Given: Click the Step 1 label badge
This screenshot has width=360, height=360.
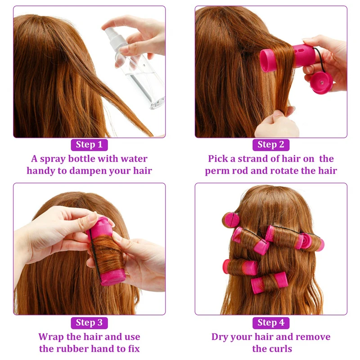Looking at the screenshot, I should (x=89, y=144).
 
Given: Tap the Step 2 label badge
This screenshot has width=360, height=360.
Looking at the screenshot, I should (x=271, y=144).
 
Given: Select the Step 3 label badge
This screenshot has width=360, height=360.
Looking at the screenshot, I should (x=89, y=323).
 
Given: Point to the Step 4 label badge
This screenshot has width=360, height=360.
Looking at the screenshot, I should (x=271, y=323).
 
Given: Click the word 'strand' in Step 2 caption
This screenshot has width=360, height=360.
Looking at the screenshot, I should (x=256, y=159).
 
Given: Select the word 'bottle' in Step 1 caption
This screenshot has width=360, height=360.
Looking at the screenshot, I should (x=85, y=159).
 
